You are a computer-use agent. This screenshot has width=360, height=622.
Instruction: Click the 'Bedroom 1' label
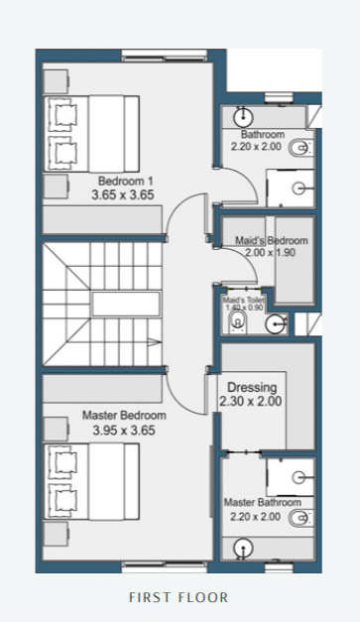click(125, 181)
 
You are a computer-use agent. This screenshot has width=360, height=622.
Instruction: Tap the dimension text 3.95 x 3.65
click(125, 432)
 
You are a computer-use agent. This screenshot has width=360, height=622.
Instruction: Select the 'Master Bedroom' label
click(125, 416)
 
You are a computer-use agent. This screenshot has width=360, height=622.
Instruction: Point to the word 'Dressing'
click(252, 387)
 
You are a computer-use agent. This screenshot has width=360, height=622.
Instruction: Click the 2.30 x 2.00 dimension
click(252, 402)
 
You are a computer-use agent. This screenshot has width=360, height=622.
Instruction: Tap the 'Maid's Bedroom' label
click(271, 240)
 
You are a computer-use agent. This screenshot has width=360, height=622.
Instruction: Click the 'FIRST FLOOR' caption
click(179, 597)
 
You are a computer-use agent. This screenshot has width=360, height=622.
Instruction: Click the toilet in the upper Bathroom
click(300, 148)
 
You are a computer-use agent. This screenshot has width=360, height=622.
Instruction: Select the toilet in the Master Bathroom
click(300, 516)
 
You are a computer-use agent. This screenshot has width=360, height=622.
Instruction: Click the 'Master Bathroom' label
click(262, 503)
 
